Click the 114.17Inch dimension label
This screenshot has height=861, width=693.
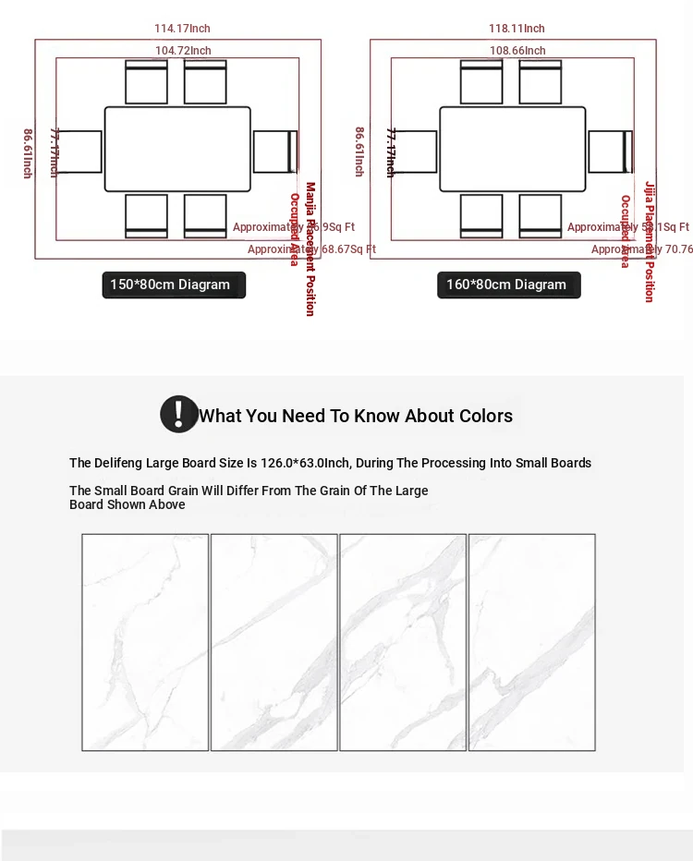tap(182, 29)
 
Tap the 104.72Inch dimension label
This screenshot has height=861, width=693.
tap(183, 51)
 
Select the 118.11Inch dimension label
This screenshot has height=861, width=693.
tap(517, 29)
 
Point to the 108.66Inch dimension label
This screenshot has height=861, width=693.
tap(517, 51)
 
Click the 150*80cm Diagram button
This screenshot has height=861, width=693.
tap(173, 285)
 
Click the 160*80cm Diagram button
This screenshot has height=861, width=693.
tap(507, 285)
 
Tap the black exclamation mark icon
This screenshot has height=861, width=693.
tap(178, 415)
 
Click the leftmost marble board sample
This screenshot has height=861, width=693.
tap(145, 642)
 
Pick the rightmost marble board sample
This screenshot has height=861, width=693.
tap(531, 642)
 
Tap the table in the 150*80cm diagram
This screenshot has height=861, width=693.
tap(177, 149)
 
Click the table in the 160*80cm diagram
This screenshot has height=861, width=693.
tap(513, 149)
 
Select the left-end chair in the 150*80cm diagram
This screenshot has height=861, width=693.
tap(80, 152)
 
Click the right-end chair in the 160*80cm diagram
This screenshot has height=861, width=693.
tap(610, 152)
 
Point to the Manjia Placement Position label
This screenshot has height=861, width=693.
tap(310, 249)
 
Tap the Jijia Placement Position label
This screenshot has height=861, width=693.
tap(650, 241)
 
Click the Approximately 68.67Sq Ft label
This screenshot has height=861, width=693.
tap(311, 249)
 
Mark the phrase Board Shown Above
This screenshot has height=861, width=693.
tap(128, 504)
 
